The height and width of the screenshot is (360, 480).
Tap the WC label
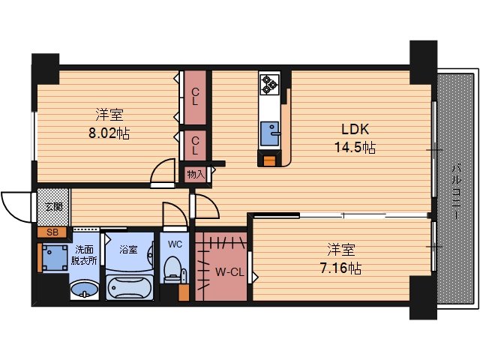coord(175,244)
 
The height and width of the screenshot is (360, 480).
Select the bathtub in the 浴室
coord(130,286)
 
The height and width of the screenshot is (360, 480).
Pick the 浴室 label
coord(127,249)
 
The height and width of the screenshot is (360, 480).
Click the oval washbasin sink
coord(85,288)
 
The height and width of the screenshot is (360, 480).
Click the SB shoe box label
coord(52,232)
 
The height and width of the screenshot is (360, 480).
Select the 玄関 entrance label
coord(53,205)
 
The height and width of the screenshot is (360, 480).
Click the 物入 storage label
coord(195,175)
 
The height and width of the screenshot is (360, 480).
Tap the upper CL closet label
coord(195,97)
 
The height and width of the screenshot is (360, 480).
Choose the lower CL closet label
coord(195,145)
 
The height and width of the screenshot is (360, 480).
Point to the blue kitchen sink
coord(269,133)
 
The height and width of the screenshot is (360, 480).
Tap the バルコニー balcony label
coord(455,192)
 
